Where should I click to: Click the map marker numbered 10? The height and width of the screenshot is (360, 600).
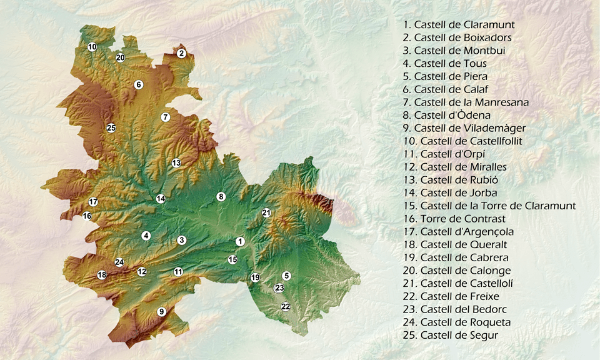pyautogui.click(x=92, y=47)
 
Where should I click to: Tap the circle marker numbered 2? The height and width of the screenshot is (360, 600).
pyautogui.click(x=181, y=53)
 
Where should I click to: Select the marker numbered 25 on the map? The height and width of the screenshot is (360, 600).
pyautogui.click(x=111, y=128)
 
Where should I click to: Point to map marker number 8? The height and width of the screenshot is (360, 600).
pyautogui.click(x=221, y=197)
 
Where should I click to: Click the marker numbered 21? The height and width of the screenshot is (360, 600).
pyautogui.click(x=266, y=212)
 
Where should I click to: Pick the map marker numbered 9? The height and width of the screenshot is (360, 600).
pyautogui.click(x=161, y=311)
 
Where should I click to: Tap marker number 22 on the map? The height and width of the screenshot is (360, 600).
pyautogui.click(x=286, y=306)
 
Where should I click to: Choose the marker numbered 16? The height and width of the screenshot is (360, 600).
pyautogui.click(x=87, y=216)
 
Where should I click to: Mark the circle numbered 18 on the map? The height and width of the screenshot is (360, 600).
pyautogui.click(x=102, y=275)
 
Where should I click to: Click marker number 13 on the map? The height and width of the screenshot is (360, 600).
pyautogui.click(x=176, y=163)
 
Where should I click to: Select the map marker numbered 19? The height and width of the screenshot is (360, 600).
pyautogui.click(x=255, y=277)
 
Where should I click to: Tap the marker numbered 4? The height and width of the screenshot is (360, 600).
pyautogui.click(x=146, y=236)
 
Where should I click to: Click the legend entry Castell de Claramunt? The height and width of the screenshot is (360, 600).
pyautogui.click(x=459, y=25)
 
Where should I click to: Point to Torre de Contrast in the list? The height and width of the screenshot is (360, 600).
pyautogui.click(x=454, y=219)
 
